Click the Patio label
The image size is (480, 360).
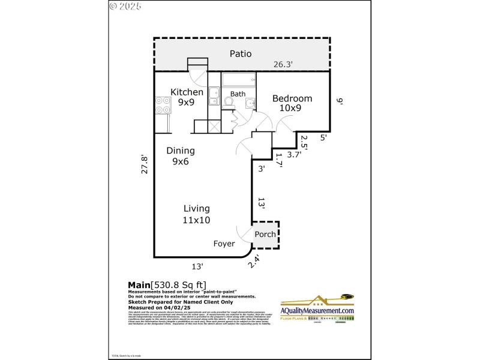pos(241,54)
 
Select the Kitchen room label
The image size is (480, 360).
pos(187,92)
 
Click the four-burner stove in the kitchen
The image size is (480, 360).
pos(162,106)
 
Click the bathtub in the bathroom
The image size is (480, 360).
pos(239,80)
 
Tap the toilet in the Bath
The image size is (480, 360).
pos(229,102)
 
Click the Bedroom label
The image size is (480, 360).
pos(292,98)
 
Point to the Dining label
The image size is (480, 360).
pos(181,151)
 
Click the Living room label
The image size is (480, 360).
pos(196,209)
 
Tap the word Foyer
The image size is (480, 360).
pos(224,244)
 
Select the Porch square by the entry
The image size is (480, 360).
pos(265,234)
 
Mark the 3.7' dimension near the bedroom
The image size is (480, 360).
pos(293,154)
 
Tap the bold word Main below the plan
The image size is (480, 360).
pos(139,285)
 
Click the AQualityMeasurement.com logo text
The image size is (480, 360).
pos(317,311)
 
